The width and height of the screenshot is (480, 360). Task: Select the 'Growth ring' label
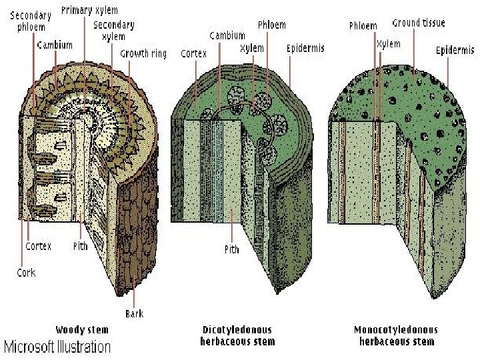tap(143, 53)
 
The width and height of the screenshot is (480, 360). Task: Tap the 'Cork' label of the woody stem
tap(26, 272)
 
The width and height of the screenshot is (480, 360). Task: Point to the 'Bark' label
tap(134, 313)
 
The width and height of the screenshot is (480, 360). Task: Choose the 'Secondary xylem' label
tap(113, 31)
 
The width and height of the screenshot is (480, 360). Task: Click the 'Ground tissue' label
tap(419, 23)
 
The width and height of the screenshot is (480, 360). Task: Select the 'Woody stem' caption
tap(82, 329)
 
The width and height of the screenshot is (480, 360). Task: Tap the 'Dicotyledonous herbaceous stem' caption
tap(237, 335)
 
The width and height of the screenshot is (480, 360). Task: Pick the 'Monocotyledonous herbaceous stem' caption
tap(396, 335)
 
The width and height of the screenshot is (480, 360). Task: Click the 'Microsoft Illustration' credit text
tap(58, 347)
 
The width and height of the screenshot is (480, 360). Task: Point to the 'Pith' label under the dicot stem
tap(231, 249)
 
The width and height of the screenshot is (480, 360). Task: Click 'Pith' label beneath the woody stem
tap(80, 246)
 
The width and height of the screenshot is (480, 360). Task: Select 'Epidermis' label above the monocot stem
tap(455, 50)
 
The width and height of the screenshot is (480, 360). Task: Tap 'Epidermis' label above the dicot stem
tap(305, 48)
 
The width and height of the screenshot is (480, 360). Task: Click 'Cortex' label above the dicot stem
tap(193, 53)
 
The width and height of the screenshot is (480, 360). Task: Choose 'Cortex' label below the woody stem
tap(38, 246)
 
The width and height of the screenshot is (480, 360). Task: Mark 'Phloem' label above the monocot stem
tap(363, 26)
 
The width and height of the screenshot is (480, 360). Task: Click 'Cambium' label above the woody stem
tap(55, 45)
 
